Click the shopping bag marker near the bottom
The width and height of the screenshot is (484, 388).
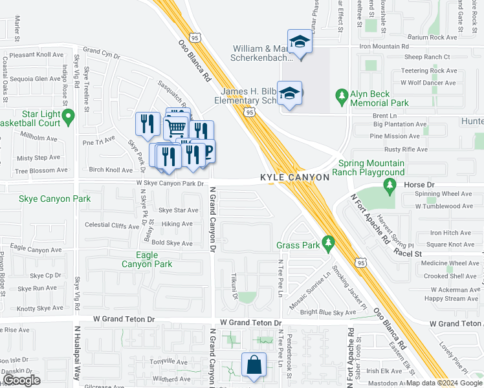click(x=254, y=364)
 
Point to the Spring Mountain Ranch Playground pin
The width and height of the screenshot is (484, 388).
click(x=389, y=186)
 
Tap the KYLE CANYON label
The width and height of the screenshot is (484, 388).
click(x=295, y=177)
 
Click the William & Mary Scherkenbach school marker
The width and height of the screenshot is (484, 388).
click(x=300, y=43)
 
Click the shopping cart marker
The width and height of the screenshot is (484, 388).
click(x=176, y=127)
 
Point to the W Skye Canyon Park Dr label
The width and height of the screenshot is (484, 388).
click(x=170, y=184)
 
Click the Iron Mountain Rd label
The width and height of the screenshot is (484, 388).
click(x=384, y=47)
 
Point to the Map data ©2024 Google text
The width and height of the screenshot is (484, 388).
click(x=444, y=383)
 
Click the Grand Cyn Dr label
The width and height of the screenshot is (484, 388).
click(x=102, y=51)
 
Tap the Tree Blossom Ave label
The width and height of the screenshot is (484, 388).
click(x=41, y=170)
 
